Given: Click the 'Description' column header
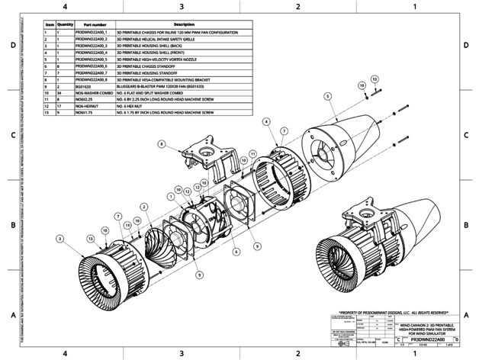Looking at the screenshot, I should (x=185, y=24).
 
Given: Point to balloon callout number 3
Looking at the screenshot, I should (x=59, y=239).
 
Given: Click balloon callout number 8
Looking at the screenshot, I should (x=162, y=143).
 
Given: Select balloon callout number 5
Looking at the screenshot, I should (x=327, y=96).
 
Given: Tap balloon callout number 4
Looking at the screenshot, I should (x=265, y=121).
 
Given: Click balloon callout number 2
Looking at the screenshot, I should (x=143, y=207).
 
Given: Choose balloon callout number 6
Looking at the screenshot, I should (x=236, y=250).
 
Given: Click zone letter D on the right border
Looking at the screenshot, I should (x=465, y=46).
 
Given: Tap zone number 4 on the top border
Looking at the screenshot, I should (x=65, y=7).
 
